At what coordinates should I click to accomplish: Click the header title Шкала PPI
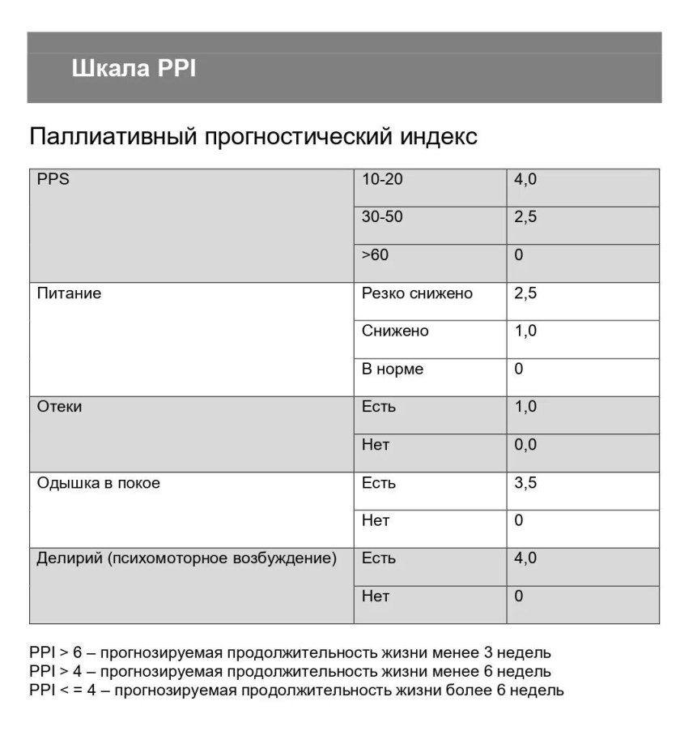(134, 69)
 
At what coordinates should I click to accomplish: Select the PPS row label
(53, 180)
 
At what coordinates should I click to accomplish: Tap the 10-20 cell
(382, 180)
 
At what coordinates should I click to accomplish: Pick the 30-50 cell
(382, 217)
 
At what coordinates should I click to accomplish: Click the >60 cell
(375, 255)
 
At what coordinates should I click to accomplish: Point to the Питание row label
(70, 293)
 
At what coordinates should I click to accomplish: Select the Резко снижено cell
(417, 293)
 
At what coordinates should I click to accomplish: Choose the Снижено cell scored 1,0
(396, 331)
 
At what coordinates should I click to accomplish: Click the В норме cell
(393, 369)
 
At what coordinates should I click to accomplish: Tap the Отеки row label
(60, 407)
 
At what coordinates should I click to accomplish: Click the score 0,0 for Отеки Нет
(525, 445)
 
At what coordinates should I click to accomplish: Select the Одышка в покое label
(99, 483)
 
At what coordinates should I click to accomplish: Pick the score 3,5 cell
(525, 483)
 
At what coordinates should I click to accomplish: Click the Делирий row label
(186, 558)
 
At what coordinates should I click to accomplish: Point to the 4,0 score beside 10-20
(525, 180)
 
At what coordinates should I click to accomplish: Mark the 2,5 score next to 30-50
(525, 217)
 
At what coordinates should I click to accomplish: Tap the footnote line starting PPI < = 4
(296, 690)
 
